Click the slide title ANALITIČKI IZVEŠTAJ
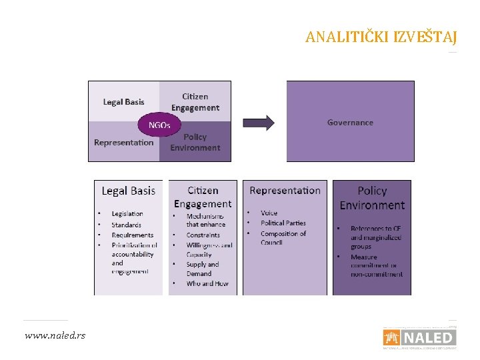coord(381,37)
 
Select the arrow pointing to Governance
coord(258,123)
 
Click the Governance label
coord(350,123)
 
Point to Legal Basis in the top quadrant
coord(123,102)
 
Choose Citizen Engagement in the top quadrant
coord(195,102)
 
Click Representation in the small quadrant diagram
coord(123,143)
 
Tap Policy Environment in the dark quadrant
coord(195,142)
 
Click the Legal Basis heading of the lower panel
coord(128,191)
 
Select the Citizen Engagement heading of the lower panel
coord(202,197)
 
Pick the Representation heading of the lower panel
coord(285,191)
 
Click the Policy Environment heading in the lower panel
coord(372,198)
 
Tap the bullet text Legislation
coord(127,214)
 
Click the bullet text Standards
coord(126,225)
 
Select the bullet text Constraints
coord(203,235)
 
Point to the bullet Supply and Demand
coord(203,269)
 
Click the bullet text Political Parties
coord(283,223)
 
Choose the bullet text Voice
coord(269,213)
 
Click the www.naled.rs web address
coord(55,335)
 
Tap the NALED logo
coord(419,337)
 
